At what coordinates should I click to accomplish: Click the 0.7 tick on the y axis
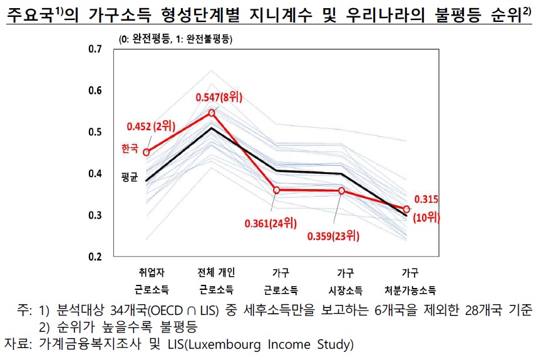click(x=95, y=49)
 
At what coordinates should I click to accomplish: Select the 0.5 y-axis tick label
click(x=95, y=132)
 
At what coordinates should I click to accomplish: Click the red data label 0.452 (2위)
click(x=148, y=125)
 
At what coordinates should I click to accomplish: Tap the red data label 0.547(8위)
click(x=219, y=97)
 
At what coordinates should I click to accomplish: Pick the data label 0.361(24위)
click(x=271, y=223)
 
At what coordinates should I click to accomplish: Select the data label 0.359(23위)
click(x=334, y=236)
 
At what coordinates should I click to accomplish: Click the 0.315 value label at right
click(x=427, y=200)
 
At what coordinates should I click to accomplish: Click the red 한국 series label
click(x=130, y=148)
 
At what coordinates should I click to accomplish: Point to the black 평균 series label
click(x=130, y=177)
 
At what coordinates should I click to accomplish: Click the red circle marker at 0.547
click(x=212, y=113)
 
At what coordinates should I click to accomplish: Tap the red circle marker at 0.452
click(x=147, y=152)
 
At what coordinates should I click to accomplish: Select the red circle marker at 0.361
click(x=277, y=190)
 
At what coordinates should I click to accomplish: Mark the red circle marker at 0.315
click(x=407, y=209)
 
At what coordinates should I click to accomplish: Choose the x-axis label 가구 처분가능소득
click(x=410, y=281)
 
